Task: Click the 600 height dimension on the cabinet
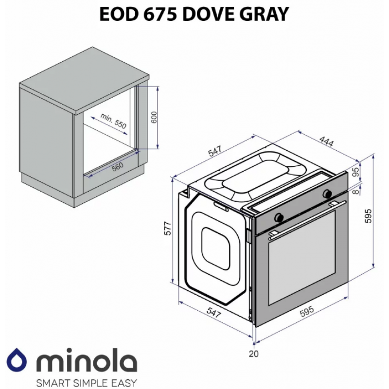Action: click(x=154, y=118)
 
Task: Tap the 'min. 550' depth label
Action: click(x=113, y=121)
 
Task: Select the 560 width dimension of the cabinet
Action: click(x=118, y=166)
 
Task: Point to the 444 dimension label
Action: click(x=326, y=141)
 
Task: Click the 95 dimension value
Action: click(x=356, y=172)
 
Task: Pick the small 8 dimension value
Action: click(x=356, y=192)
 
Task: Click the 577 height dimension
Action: click(x=168, y=228)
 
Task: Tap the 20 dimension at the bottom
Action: click(x=253, y=354)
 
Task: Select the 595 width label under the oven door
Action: click(x=307, y=311)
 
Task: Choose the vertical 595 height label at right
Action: click(x=368, y=216)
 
